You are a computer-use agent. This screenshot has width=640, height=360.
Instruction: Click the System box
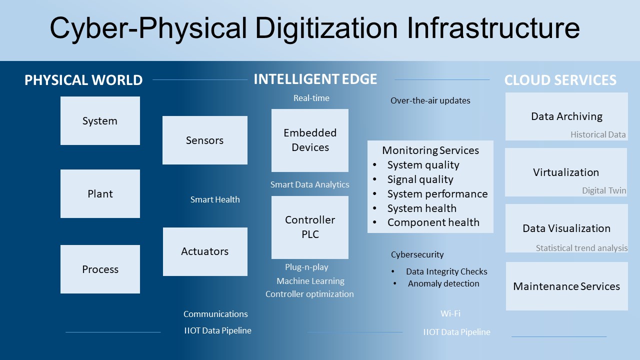(x=100, y=120)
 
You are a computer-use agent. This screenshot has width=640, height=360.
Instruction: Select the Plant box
(x=100, y=193)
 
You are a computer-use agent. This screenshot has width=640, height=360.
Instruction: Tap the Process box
(x=100, y=269)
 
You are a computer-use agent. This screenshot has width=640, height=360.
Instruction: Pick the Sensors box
(x=205, y=140)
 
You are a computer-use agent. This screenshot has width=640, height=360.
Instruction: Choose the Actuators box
(x=205, y=251)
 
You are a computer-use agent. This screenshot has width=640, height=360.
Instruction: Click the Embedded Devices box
(x=310, y=140)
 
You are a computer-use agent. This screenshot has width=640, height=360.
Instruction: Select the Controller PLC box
(x=310, y=227)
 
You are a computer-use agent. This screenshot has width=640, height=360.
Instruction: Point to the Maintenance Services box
(x=567, y=286)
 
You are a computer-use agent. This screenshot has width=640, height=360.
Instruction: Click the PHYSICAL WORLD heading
(x=83, y=80)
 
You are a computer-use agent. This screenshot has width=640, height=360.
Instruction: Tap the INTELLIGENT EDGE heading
(x=315, y=79)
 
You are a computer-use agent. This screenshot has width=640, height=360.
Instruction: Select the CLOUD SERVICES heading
(x=560, y=80)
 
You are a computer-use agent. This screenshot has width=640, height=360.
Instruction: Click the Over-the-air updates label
(x=430, y=100)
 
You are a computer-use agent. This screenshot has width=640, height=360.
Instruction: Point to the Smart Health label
(x=215, y=199)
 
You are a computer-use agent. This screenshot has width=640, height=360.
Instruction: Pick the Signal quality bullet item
(x=420, y=179)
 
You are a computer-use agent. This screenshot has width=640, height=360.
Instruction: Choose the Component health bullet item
(x=433, y=222)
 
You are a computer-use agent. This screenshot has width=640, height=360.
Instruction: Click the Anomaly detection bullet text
(x=443, y=283)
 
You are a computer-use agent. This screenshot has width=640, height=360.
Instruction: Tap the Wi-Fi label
(x=450, y=313)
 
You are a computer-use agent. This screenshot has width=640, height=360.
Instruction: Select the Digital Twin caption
(x=604, y=190)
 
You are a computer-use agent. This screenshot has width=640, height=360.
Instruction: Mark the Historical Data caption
(x=598, y=134)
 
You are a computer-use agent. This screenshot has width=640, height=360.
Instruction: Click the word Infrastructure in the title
(x=493, y=27)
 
